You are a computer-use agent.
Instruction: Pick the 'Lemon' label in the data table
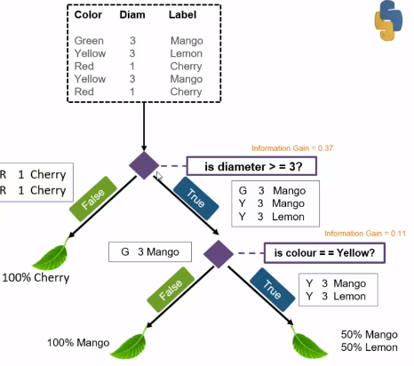click(187, 52)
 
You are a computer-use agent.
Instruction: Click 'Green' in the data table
click(89, 40)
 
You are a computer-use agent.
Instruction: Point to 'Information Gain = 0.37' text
click(291, 148)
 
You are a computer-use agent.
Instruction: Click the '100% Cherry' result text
click(36, 278)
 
